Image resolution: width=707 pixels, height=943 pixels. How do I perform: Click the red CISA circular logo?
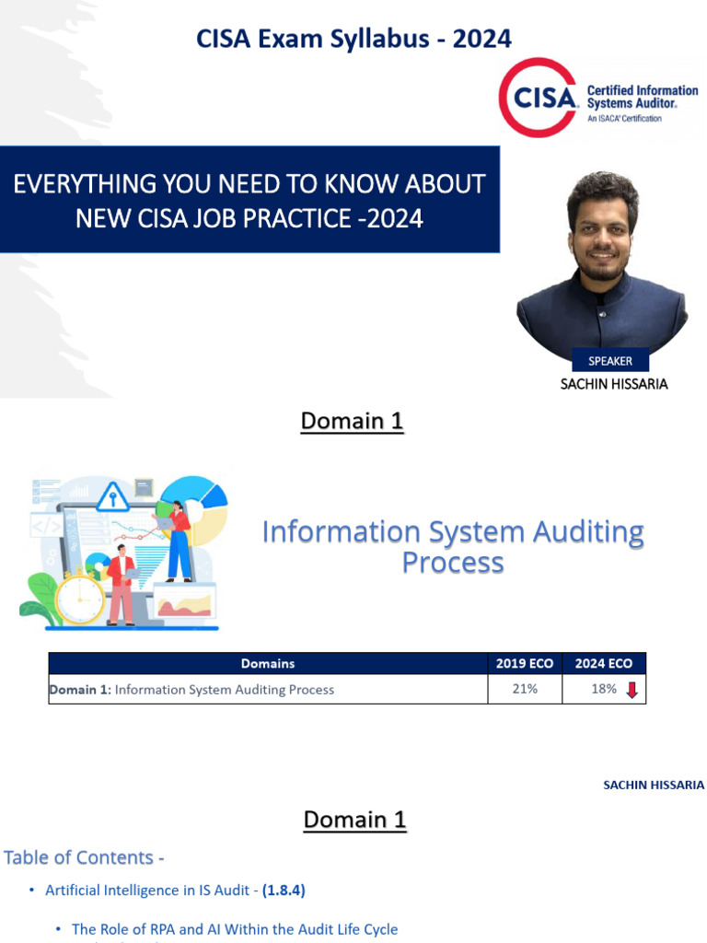point(539,98)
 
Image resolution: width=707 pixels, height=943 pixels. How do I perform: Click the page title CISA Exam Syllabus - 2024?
point(354,39)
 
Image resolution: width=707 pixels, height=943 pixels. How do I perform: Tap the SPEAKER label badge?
point(610,361)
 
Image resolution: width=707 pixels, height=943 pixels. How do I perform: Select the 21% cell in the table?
point(525,689)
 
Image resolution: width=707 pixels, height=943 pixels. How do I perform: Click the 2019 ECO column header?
point(525,663)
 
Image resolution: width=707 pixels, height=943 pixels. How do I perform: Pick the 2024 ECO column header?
point(604,663)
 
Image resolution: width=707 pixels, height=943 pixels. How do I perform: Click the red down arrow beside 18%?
point(632,690)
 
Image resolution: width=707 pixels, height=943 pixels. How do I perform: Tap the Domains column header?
point(268,663)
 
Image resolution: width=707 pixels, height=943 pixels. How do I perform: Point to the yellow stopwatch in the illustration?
point(80,597)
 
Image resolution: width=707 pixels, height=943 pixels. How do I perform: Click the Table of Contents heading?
point(84,857)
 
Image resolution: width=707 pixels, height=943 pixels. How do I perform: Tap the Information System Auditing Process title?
point(453,547)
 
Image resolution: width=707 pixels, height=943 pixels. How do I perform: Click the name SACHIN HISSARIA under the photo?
point(614,384)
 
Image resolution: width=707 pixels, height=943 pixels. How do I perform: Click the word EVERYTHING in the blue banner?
point(85,183)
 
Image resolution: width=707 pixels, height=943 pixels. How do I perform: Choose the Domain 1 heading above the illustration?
point(352,421)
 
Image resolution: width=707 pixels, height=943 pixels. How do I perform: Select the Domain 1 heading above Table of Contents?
point(354,820)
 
